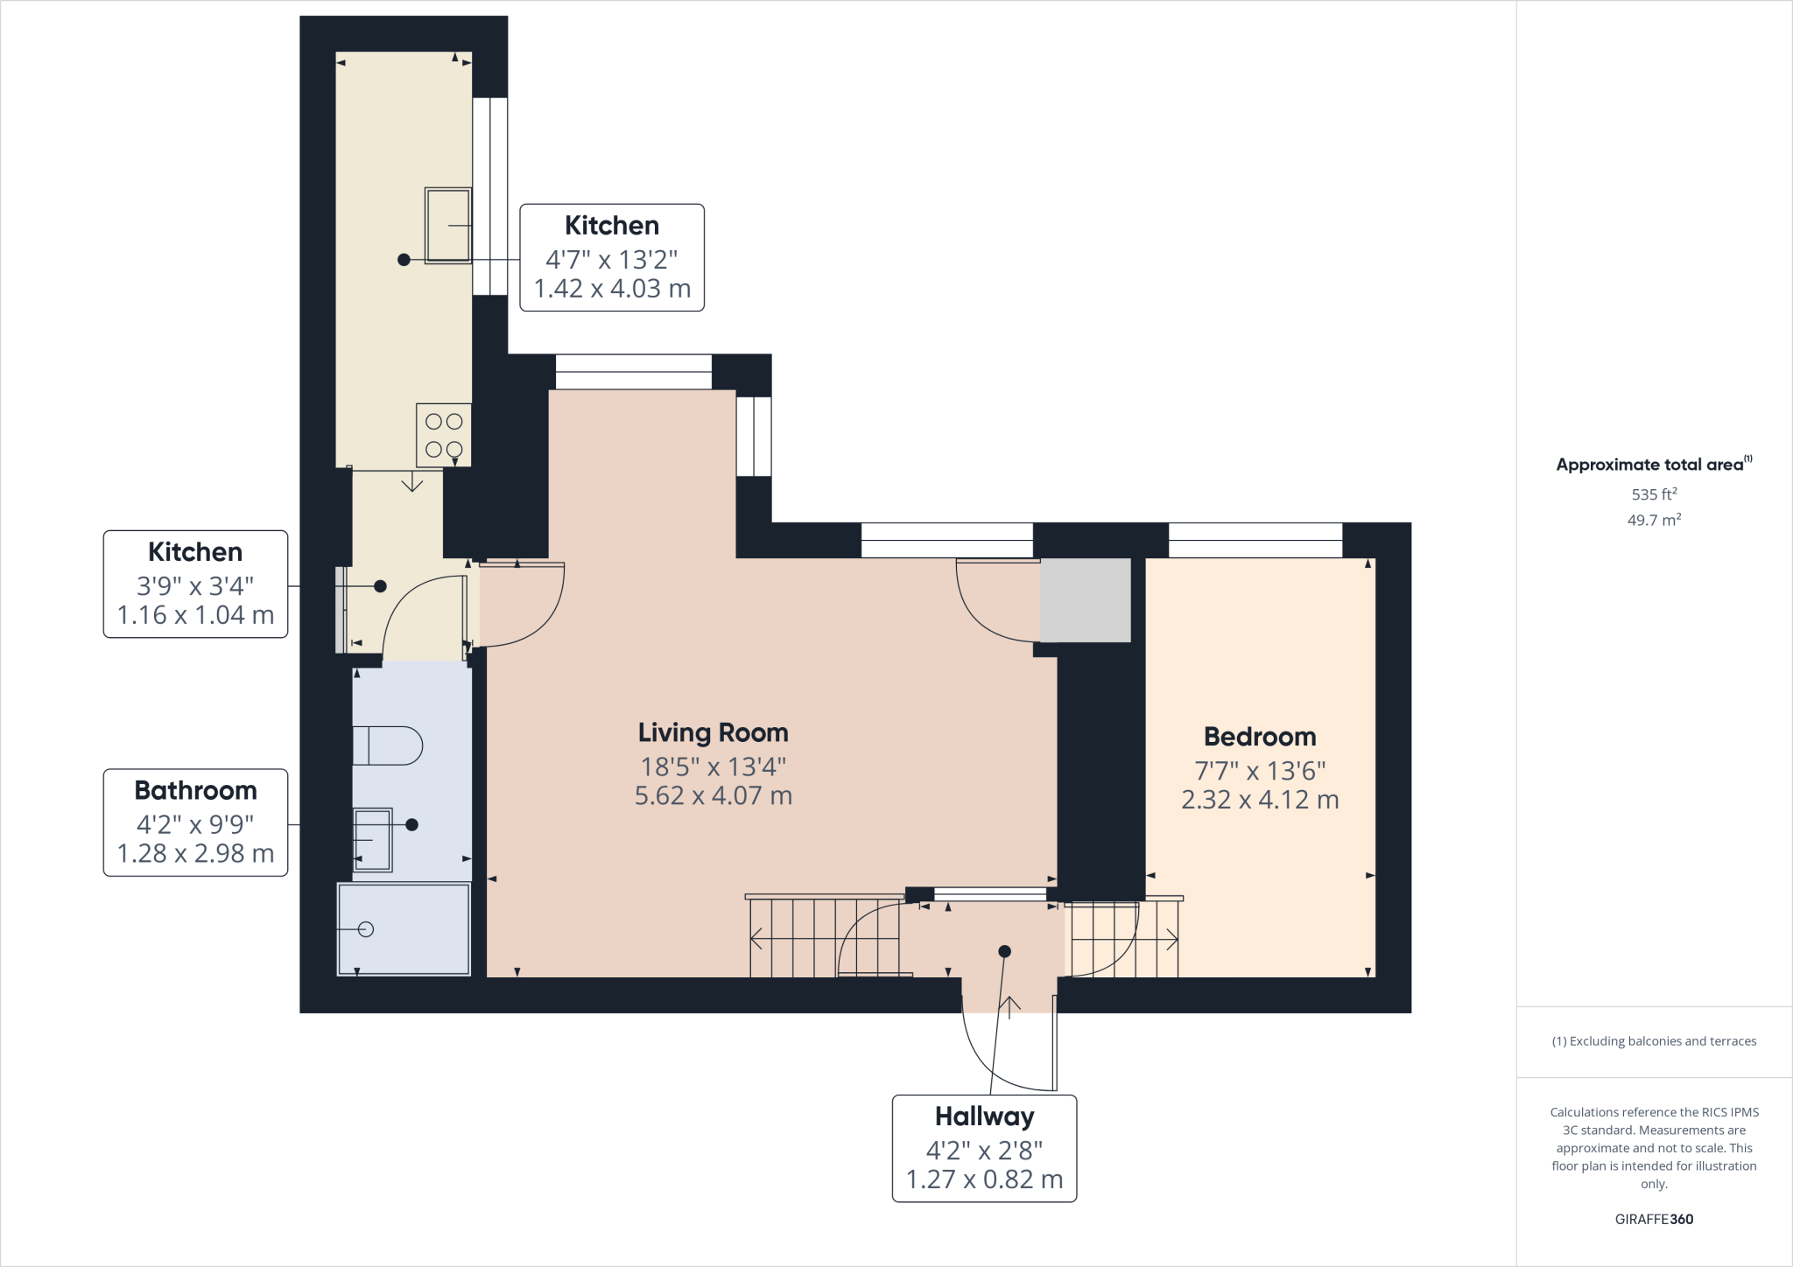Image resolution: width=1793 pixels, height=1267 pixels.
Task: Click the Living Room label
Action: coord(713,732)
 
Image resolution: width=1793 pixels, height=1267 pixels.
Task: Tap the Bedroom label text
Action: coord(1259,737)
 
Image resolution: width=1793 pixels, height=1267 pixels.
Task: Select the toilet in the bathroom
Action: coord(388,745)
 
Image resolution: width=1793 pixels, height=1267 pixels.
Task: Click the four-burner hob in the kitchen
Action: coord(444,435)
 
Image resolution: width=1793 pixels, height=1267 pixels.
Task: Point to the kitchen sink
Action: coord(447,225)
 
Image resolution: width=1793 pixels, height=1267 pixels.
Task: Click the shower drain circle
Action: coord(366,929)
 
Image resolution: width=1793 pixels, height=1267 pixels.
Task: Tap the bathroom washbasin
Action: coord(373,840)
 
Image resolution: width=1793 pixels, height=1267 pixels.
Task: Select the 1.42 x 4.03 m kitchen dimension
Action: coord(612,289)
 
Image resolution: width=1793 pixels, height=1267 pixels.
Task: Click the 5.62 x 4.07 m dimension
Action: coord(713,796)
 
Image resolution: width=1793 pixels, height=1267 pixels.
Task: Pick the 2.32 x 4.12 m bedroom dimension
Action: coord(1259,800)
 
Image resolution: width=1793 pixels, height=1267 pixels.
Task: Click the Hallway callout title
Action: coord(984,1116)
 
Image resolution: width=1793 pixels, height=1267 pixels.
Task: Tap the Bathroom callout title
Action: coord(195,791)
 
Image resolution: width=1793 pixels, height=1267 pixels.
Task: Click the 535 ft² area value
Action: coord(1653,494)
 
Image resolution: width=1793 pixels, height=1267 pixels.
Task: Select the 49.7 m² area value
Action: coord(1653,521)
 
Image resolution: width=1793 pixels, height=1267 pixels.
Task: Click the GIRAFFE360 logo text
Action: coord(1653,1219)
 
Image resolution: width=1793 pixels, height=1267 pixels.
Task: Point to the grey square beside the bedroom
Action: coord(1085,600)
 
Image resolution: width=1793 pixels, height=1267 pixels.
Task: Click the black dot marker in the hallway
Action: coord(1004,951)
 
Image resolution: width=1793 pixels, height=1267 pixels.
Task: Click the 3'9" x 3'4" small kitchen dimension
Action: coord(195,584)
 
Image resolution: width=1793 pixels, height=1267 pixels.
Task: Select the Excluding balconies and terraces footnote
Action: coord(1653,1041)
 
